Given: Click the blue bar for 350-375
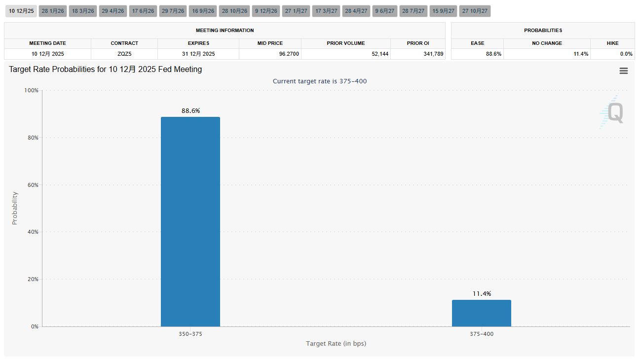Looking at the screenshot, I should pos(190,221).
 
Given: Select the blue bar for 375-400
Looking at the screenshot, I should pos(481,313).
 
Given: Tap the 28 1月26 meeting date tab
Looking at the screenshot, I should pos(53,11).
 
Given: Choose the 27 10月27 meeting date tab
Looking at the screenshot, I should pos(475,11).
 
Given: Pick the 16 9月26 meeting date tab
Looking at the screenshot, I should pos(203,11).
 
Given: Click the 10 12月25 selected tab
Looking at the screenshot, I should pos(22,11).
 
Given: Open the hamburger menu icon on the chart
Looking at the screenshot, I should pos(624,71).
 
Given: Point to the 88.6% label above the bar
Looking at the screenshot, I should pos(190,111).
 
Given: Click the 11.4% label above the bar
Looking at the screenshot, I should pos(482,294).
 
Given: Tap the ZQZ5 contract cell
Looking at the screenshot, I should pos(124,54).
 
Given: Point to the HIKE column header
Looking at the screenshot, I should pos(612,43).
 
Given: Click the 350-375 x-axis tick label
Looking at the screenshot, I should pos(190,334).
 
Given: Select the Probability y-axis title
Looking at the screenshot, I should pos(14,208).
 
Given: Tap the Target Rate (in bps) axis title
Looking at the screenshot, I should pos(336,343).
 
